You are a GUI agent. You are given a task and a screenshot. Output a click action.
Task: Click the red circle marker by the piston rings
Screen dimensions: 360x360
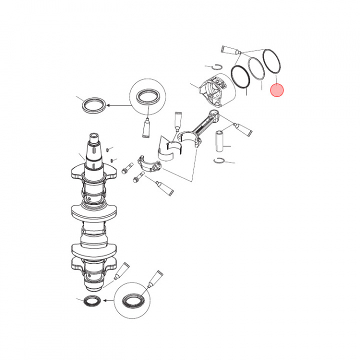point(276,90)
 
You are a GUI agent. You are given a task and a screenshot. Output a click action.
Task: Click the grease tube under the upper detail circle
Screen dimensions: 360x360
point(148,129)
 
